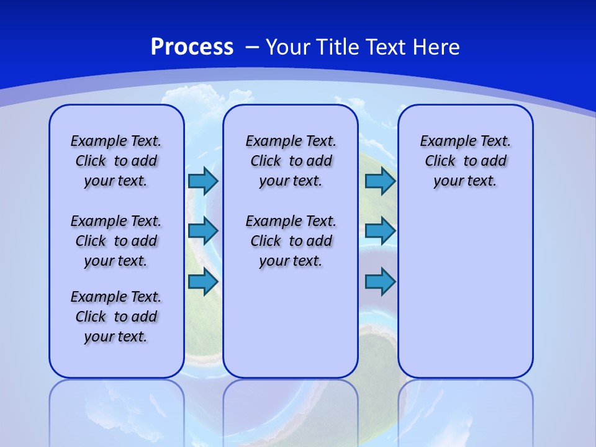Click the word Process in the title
coord(192,47)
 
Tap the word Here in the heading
coord(434,47)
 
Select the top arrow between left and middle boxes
coord(203,181)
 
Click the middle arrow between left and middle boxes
coord(203,231)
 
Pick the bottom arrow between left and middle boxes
coord(203,282)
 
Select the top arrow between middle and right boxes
coord(380,181)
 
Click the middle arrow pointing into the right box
coord(380,231)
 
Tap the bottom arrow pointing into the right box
coord(380,282)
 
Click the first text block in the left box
coord(116,161)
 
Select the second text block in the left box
coord(116,241)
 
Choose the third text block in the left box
coord(116,317)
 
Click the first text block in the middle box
coord(291,161)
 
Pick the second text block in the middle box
coord(291,241)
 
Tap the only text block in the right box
coord(466,161)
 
